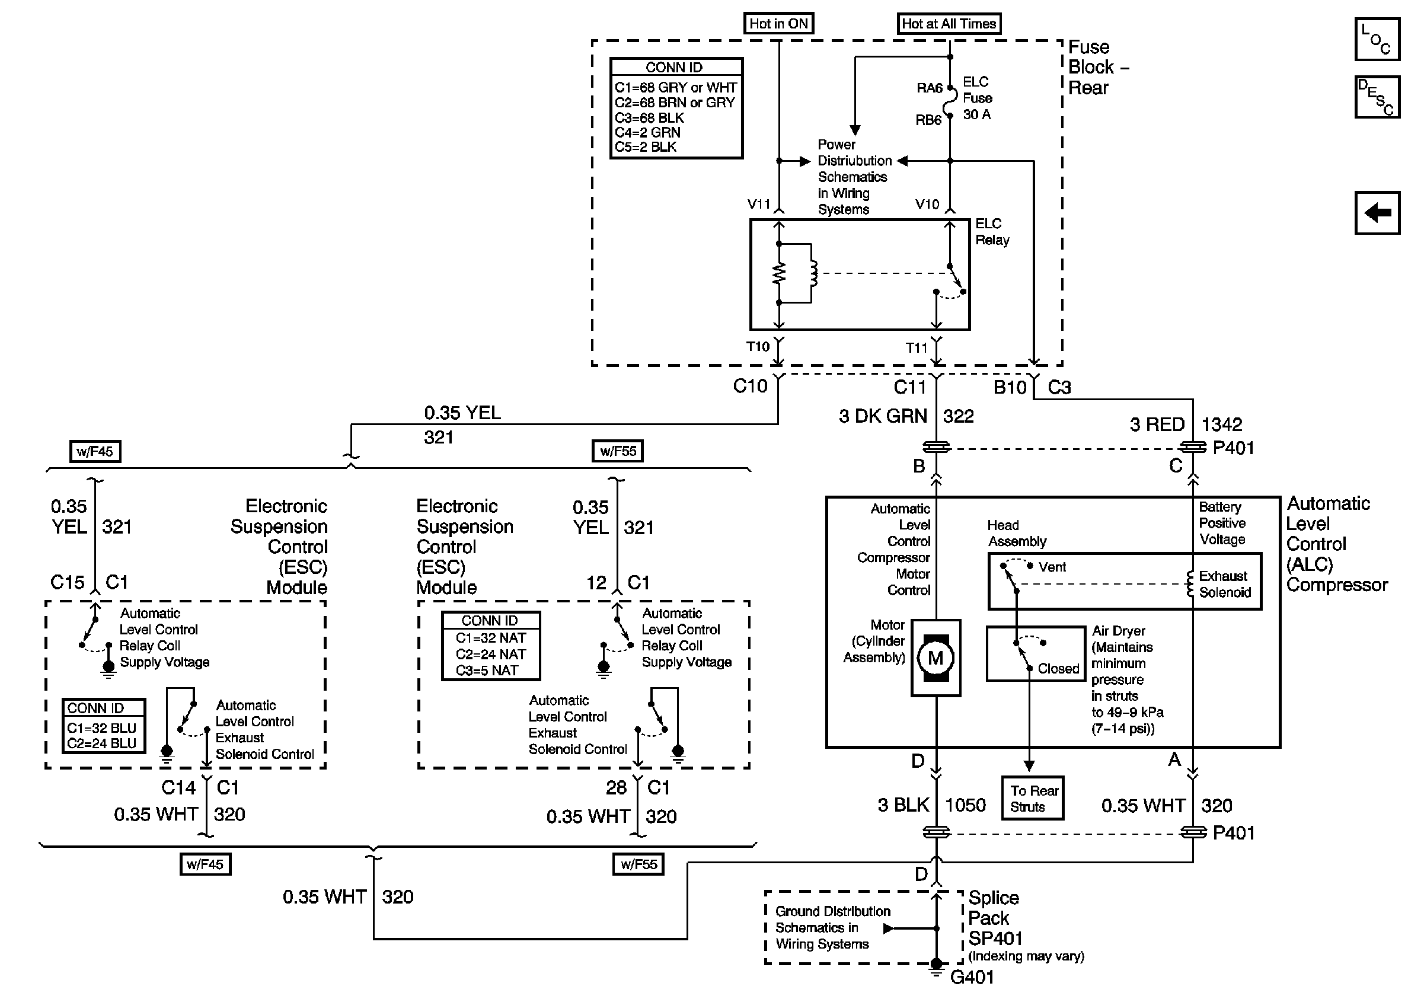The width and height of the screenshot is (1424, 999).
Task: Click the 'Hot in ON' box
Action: coord(778,24)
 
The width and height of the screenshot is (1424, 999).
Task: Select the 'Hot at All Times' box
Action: coord(949,24)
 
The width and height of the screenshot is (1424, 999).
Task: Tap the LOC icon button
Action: coord(1377,39)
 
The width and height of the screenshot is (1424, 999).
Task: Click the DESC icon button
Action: coord(1377,97)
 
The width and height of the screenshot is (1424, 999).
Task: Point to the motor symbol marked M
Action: coord(936,658)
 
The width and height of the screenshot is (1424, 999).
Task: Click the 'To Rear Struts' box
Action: coord(1033,798)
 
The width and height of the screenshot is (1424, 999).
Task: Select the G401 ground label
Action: coord(972,977)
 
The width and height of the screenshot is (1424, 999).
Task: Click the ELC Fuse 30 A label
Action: coord(977,98)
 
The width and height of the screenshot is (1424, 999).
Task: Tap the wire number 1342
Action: coord(1222,425)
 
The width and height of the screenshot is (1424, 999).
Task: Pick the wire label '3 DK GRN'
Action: coord(883,416)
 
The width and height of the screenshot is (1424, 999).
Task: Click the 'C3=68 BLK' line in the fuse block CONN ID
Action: coord(649,118)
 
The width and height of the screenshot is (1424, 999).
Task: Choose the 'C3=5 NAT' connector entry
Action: coord(487,671)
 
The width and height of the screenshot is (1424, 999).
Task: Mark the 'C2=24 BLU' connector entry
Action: coord(102,743)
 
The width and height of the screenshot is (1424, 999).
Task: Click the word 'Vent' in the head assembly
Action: coord(1052,567)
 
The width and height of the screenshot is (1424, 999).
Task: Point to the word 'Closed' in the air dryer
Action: coord(1058,669)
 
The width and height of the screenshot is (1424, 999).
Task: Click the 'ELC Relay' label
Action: coord(992,232)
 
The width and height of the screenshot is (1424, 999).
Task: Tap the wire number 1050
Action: coord(965,805)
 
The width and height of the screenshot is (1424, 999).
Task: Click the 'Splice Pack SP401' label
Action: coord(995,918)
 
